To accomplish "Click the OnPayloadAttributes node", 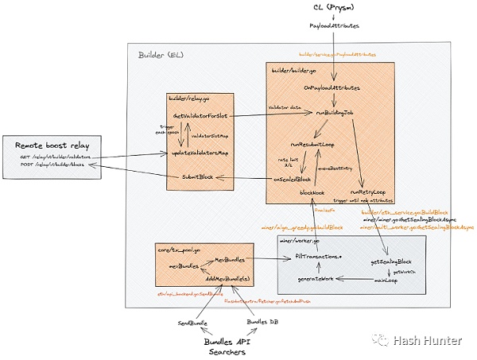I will pyautogui.click(x=332, y=87).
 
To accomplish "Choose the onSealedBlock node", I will pyautogui.click(x=292, y=180).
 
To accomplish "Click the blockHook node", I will pyautogui.click(x=312, y=193).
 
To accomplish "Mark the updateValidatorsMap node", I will pyautogui.click(x=200, y=152).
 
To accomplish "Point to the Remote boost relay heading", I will pyautogui.click(x=52, y=147).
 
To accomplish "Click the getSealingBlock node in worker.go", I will pyautogui.click(x=391, y=261).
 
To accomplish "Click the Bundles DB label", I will pyautogui.click(x=262, y=322).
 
